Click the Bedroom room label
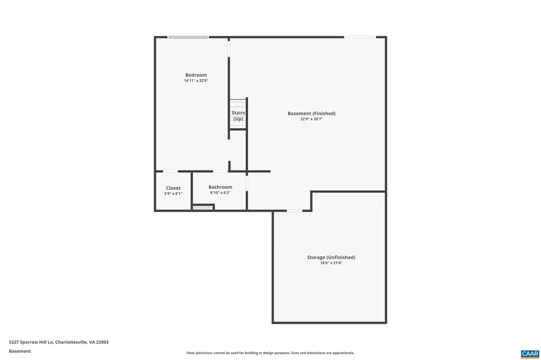coord(196,75)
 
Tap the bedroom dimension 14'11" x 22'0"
coord(196,81)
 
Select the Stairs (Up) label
coord(238,116)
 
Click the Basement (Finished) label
coord(311,113)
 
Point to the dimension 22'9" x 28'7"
coord(311,119)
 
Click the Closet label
coord(173,188)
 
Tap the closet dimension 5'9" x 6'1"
coord(173,194)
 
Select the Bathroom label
coord(220,187)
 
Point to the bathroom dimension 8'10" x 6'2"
coord(220,193)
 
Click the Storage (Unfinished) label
coord(331,258)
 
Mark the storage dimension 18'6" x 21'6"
coord(331,263)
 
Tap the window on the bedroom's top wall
coord(188,37)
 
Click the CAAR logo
coord(529,354)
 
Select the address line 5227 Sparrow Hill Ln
coord(59,342)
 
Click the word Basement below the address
coord(20,351)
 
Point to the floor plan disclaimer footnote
coord(270,353)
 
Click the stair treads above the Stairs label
coord(238,103)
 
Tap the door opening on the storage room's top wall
coord(294,211)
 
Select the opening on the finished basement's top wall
coord(360,37)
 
